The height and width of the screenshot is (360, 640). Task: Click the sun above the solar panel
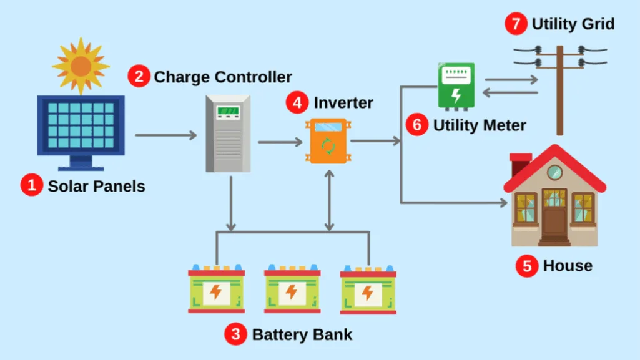pos(81,66)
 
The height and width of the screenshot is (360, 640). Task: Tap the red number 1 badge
pos(31,186)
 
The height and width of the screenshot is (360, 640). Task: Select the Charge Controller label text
pos(223,77)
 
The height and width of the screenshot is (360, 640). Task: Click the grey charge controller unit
pos(228,133)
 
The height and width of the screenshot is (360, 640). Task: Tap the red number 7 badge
pos(515,24)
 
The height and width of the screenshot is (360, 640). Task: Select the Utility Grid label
pos(573,24)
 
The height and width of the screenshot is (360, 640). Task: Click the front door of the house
pos(554,219)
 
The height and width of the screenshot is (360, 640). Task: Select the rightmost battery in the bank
pos(368,290)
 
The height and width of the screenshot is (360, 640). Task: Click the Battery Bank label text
pos(302,334)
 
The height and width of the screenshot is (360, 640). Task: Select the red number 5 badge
pos(527,266)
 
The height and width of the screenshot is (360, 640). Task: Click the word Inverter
pos(343,102)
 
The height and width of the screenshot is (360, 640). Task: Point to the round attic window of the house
pos(554,172)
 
